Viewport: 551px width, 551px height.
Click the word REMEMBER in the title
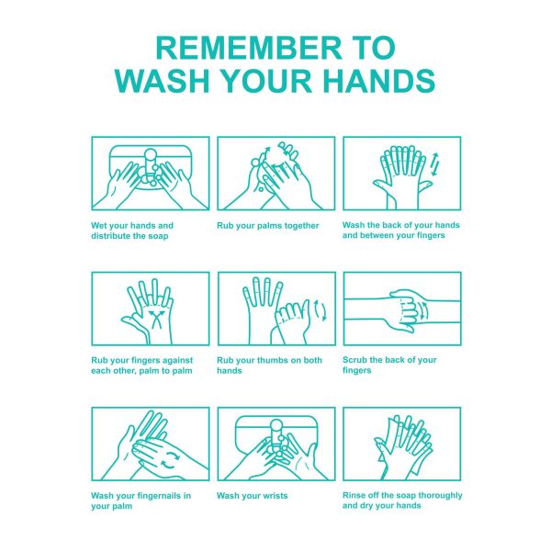[249, 48]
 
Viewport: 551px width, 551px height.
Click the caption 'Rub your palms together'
[268, 226]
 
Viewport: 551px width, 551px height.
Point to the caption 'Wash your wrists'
[253, 496]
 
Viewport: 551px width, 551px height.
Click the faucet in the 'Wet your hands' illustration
[151, 165]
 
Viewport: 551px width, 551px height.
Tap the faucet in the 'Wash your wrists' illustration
[276, 435]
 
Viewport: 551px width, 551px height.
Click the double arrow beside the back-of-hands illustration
[434, 164]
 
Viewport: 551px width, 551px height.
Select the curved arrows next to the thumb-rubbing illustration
[320, 310]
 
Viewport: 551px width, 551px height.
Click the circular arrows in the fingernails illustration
[170, 461]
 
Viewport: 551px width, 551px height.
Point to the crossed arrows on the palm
[155, 319]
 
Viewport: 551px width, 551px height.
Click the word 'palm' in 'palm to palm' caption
[156, 371]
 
